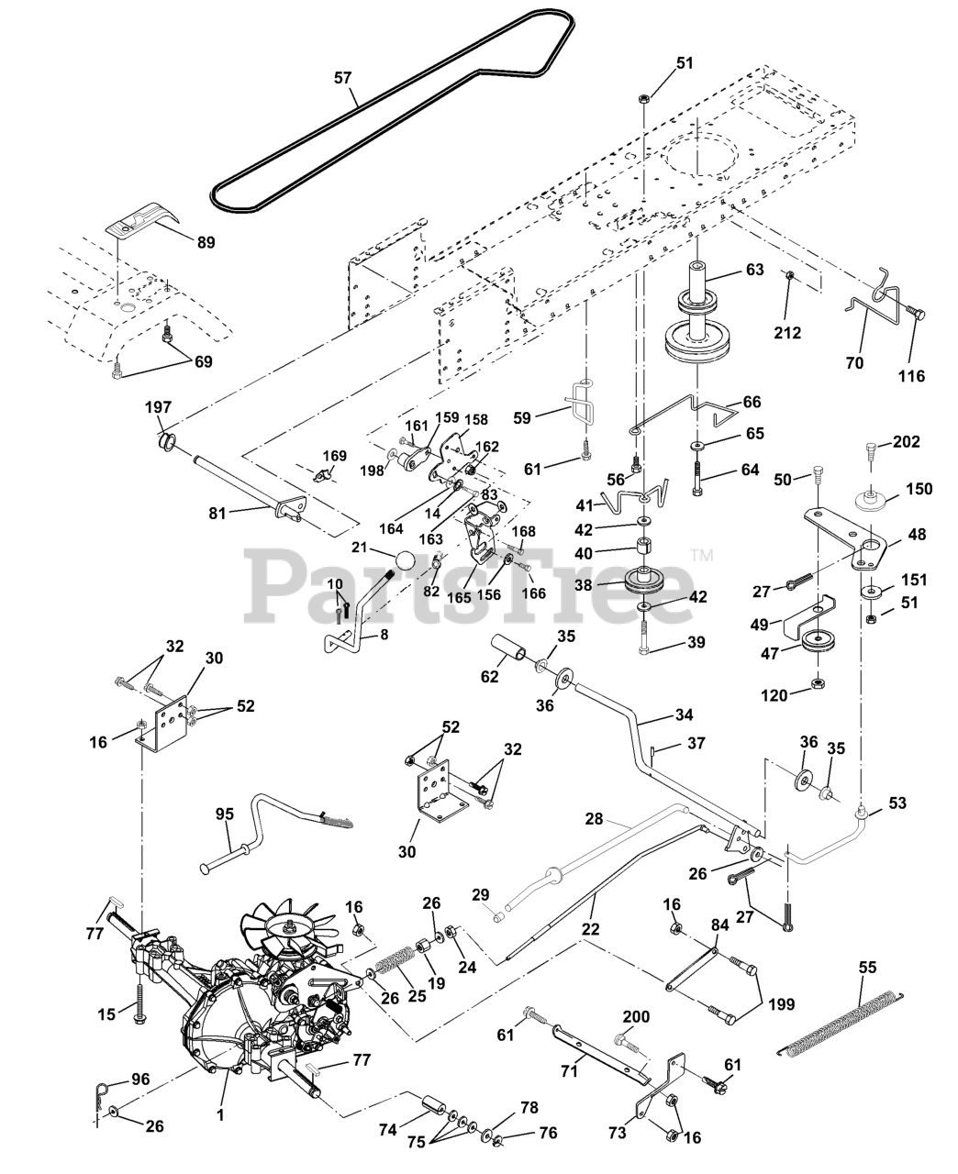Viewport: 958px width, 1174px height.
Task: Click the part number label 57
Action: [x=343, y=78]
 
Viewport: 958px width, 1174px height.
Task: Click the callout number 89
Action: [x=206, y=243]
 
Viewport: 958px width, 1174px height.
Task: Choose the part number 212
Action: [x=787, y=333]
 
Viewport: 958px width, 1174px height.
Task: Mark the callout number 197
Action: [x=158, y=407]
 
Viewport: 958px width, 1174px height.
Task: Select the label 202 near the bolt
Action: [x=907, y=441]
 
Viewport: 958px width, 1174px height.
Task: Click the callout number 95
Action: [x=225, y=814]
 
